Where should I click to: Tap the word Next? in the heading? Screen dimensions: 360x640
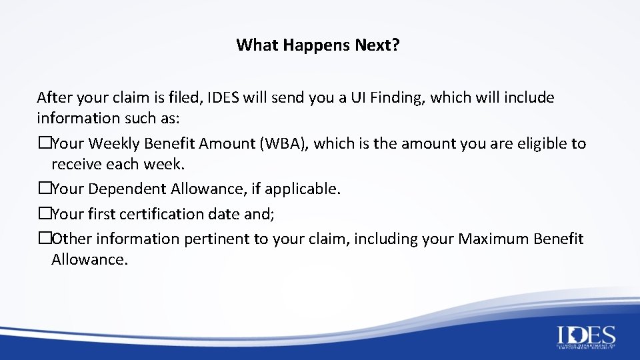tap(377, 45)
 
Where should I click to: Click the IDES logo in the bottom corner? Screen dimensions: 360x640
tap(586, 337)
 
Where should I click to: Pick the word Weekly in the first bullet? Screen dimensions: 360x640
tap(113, 143)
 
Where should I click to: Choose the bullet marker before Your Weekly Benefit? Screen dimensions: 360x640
tap(44, 143)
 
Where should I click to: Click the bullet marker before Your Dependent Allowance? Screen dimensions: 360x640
tap(44, 189)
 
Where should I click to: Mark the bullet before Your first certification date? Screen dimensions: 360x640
tap(44, 214)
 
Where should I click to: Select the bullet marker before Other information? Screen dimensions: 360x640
tap(44, 239)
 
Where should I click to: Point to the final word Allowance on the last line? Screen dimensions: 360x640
tap(89, 259)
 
